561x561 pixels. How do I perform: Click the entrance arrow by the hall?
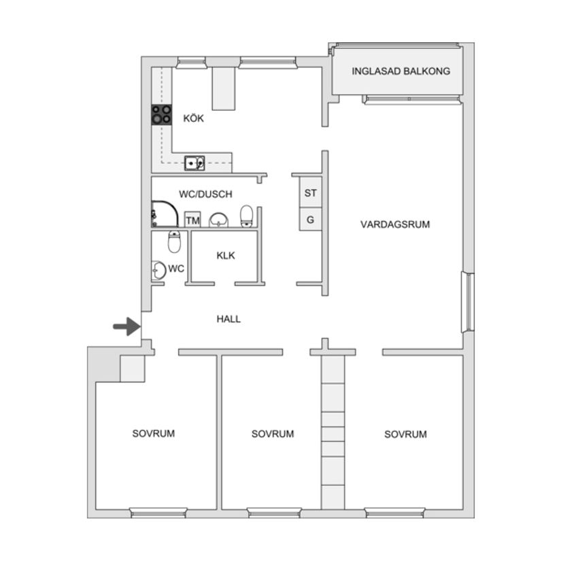point(127,326)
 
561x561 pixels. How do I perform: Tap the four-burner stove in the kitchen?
point(161,114)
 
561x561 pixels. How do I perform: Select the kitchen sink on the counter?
point(194,163)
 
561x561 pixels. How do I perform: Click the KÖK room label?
point(194,118)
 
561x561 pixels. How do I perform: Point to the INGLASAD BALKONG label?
point(401,71)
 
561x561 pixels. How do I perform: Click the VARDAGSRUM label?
point(395,224)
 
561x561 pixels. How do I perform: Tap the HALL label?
point(228,319)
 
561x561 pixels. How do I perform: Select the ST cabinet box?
point(311,192)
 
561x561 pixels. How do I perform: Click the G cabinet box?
point(311,220)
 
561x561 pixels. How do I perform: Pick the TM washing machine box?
point(192,220)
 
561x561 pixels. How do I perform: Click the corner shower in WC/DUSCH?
point(165,214)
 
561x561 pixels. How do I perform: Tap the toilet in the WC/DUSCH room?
point(247,216)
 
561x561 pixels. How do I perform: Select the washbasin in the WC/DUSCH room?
point(218,220)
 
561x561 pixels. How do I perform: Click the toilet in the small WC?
point(174,241)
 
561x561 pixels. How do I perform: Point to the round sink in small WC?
point(158,270)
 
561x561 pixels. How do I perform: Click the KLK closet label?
point(226,256)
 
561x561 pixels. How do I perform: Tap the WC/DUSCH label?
point(206,194)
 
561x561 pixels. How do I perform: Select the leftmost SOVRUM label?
point(154,433)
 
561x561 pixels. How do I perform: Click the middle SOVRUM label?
point(273,434)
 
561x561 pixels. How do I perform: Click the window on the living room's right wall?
point(468,303)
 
